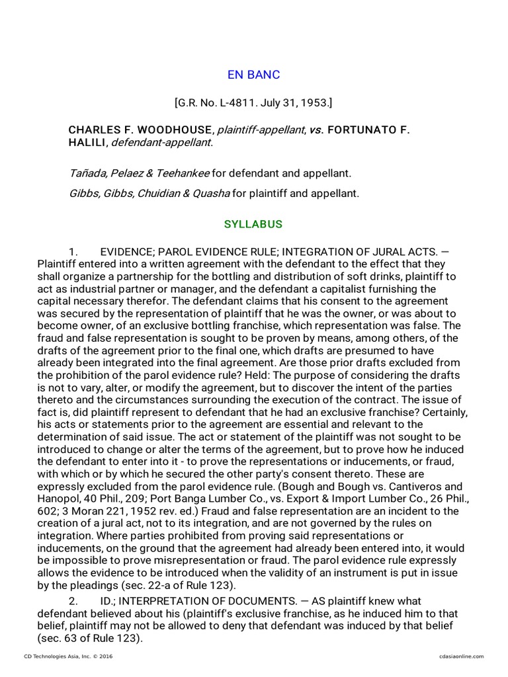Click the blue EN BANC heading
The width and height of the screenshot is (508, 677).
pos(253,75)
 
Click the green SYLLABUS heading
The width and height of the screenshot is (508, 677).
pos(253,224)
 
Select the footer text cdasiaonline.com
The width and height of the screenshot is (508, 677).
pos(461,656)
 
